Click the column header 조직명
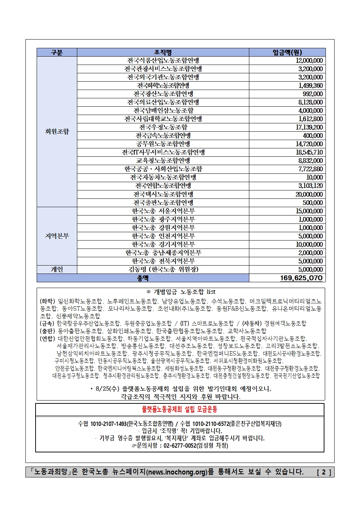point(163,52)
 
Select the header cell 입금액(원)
point(287,52)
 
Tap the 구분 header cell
point(57,52)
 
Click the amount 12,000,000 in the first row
point(309,61)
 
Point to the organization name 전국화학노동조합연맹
point(163,86)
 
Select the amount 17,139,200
point(309,127)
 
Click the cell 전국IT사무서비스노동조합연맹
point(163,152)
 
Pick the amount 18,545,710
point(309,152)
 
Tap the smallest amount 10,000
point(314,177)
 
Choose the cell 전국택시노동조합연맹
point(163,194)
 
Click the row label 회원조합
point(57,131)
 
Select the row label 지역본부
point(57,236)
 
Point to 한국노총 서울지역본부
point(163,211)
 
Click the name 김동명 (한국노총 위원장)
point(163,269)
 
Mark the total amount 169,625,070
point(301,278)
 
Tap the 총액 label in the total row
point(143,278)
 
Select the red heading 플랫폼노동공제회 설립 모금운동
point(180,409)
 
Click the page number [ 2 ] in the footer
point(324,472)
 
